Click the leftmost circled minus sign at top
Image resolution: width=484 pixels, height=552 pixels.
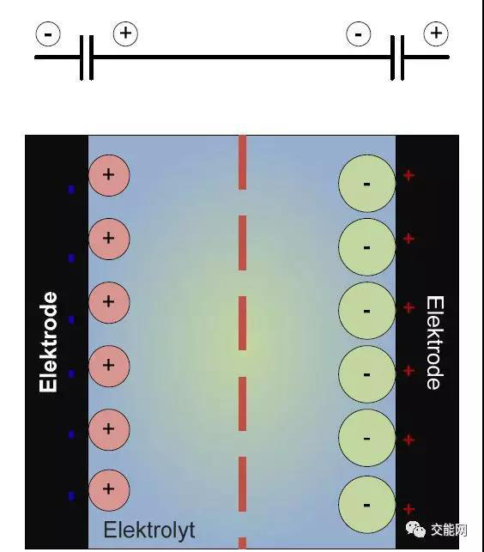(48, 34)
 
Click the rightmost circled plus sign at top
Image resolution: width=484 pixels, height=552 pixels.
(436, 33)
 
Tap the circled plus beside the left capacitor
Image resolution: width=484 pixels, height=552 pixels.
(125, 33)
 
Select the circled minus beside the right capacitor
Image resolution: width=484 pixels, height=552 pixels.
(359, 34)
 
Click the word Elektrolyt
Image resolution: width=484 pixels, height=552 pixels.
(149, 530)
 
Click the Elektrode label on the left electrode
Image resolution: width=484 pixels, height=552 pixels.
(48, 342)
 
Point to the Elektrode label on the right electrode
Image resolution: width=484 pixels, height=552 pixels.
(435, 343)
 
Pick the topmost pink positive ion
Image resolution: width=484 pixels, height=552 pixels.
(109, 175)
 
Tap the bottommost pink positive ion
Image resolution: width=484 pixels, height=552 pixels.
(109, 489)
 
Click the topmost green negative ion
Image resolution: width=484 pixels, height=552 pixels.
(366, 184)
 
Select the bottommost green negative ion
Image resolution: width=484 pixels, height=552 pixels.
(366, 505)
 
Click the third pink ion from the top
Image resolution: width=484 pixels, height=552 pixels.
(109, 302)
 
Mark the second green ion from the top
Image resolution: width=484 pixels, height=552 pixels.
(366, 247)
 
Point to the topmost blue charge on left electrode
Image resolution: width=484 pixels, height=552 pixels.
(71, 190)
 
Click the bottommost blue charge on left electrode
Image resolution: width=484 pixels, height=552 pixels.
(71, 496)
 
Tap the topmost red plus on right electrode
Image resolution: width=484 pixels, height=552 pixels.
(408, 175)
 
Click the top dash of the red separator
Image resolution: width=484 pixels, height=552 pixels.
(242, 162)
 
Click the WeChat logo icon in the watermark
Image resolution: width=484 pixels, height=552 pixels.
(415, 530)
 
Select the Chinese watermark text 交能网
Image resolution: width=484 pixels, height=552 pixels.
(449, 530)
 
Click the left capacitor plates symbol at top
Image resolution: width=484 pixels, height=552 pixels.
(86, 58)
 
